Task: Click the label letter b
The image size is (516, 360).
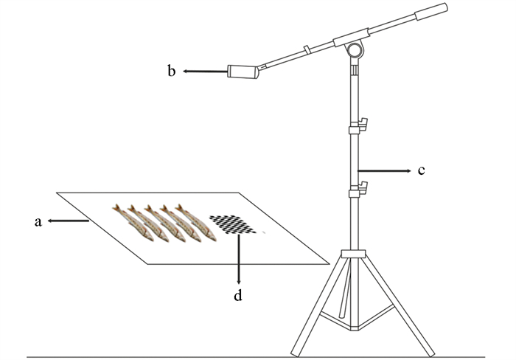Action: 171,72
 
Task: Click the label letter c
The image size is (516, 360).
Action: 421,171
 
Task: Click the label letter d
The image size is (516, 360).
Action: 238,297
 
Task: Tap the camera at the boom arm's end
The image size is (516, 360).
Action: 244,72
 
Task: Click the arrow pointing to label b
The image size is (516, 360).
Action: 205,72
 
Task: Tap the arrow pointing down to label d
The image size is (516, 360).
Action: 238,258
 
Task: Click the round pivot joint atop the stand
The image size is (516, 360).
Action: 354,51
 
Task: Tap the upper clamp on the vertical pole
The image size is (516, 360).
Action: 358,127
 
